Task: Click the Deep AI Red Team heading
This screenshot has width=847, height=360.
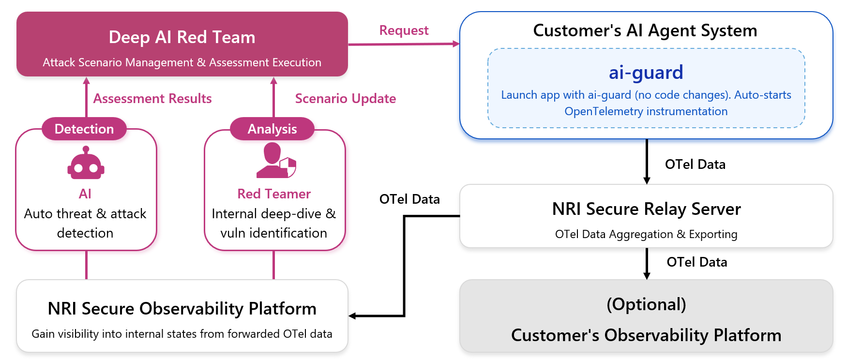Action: pos(182,37)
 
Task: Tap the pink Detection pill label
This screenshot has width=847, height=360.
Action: pos(84,129)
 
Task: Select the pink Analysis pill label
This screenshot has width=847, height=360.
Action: pos(272,129)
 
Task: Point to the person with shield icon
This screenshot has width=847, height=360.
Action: pos(276,161)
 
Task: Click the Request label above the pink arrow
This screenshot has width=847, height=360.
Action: pos(404,30)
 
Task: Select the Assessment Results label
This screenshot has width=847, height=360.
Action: pos(152,99)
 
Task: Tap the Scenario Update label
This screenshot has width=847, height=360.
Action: pos(346,99)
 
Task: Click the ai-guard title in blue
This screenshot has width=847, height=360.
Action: pos(646,73)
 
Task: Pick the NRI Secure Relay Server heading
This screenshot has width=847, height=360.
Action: pos(646,209)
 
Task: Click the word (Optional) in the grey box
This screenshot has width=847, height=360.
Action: pos(646,304)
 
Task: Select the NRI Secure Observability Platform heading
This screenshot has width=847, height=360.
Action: pos(182,309)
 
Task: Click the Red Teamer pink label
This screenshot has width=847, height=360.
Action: pos(274,194)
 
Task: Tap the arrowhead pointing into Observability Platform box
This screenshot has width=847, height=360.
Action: pos(352,316)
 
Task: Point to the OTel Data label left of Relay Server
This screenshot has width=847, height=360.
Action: pos(409,199)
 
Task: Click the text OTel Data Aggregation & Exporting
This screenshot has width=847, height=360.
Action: pos(646,234)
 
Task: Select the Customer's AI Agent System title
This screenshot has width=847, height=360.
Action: pos(645,30)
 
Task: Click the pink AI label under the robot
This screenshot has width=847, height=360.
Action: pos(85,194)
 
